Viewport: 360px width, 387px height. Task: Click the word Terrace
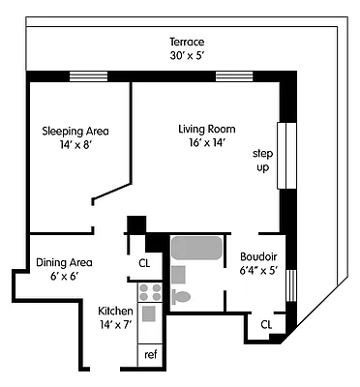click(x=187, y=43)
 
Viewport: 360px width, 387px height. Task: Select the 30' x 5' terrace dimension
click(x=187, y=56)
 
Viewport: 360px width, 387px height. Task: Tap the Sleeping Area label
click(x=75, y=131)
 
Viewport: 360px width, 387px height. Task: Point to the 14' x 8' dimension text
click(x=75, y=145)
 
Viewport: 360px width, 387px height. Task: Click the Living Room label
click(x=207, y=129)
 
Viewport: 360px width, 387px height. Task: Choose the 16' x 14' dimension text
click(x=207, y=143)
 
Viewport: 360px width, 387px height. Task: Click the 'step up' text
click(x=261, y=161)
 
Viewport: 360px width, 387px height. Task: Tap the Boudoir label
click(x=259, y=256)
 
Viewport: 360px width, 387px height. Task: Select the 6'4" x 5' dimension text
click(x=259, y=271)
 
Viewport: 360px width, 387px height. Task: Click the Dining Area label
click(x=64, y=261)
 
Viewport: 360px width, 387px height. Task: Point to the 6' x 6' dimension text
click(x=64, y=276)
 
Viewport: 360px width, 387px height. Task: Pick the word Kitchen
click(x=117, y=311)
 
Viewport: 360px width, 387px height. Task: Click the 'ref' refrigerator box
click(x=150, y=354)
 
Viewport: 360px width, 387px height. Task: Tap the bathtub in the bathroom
click(x=197, y=248)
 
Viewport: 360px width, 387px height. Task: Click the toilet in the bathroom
click(x=182, y=296)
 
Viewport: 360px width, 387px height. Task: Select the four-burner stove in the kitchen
click(x=149, y=292)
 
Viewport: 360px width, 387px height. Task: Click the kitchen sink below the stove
click(x=149, y=313)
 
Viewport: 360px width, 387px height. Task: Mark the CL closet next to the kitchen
click(x=144, y=262)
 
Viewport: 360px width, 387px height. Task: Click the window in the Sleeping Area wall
click(x=88, y=76)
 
